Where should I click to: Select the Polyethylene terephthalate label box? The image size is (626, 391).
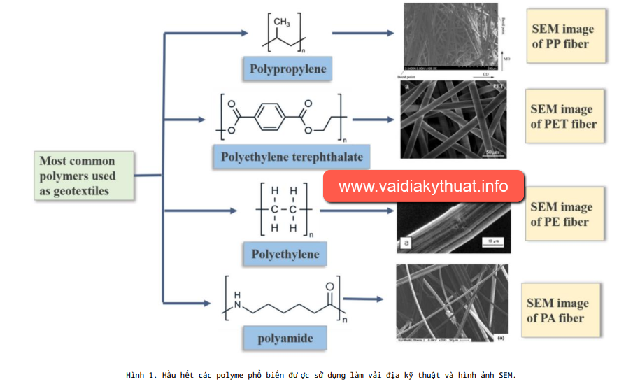click(x=292, y=157)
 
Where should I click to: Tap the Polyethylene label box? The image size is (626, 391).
click(x=285, y=254)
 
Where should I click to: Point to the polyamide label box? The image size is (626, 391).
click(x=285, y=339)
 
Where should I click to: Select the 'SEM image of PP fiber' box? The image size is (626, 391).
click(x=565, y=36)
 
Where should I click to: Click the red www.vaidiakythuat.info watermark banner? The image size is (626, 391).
click(x=423, y=187)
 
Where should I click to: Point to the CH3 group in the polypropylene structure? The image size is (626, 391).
click(x=282, y=22)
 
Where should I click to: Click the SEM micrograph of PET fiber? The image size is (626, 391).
click(x=453, y=119)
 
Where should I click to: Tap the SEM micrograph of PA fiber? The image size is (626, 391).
click(x=452, y=302)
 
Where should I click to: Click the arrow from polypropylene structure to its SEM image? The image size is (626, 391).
click(x=363, y=33)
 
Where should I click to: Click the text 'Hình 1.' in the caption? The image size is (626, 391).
click(x=141, y=376)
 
